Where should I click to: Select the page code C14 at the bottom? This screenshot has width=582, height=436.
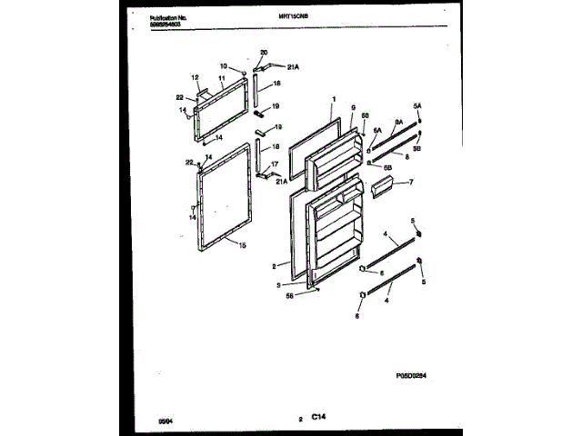click(x=318, y=418)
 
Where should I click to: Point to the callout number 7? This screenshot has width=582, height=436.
click(x=410, y=183)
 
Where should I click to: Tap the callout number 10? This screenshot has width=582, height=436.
click(x=224, y=65)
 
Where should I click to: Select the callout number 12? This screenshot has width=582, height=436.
click(x=195, y=77)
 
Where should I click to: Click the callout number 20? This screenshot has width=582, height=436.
click(x=265, y=53)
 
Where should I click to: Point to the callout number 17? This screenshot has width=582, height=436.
click(x=275, y=164)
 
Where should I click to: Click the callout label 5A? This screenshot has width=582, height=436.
click(x=418, y=105)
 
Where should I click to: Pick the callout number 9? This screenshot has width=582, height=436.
click(x=351, y=106)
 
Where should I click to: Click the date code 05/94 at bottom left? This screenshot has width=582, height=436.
click(x=165, y=421)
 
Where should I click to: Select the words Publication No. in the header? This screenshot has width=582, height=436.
click(x=166, y=17)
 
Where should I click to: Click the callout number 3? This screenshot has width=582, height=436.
click(x=290, y=284)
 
